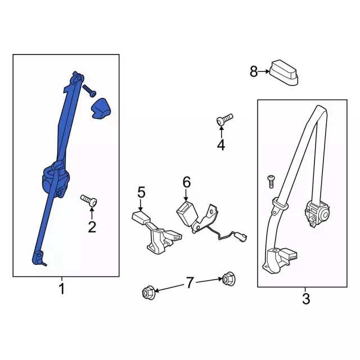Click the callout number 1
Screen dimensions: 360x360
62,290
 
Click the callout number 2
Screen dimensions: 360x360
92,227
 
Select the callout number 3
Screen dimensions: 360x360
305,299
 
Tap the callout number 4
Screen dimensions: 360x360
220,146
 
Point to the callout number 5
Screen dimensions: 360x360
141,192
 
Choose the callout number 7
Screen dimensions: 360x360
189,283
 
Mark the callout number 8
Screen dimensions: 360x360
254,71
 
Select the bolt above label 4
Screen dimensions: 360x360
224,119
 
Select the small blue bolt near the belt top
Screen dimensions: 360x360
89,90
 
